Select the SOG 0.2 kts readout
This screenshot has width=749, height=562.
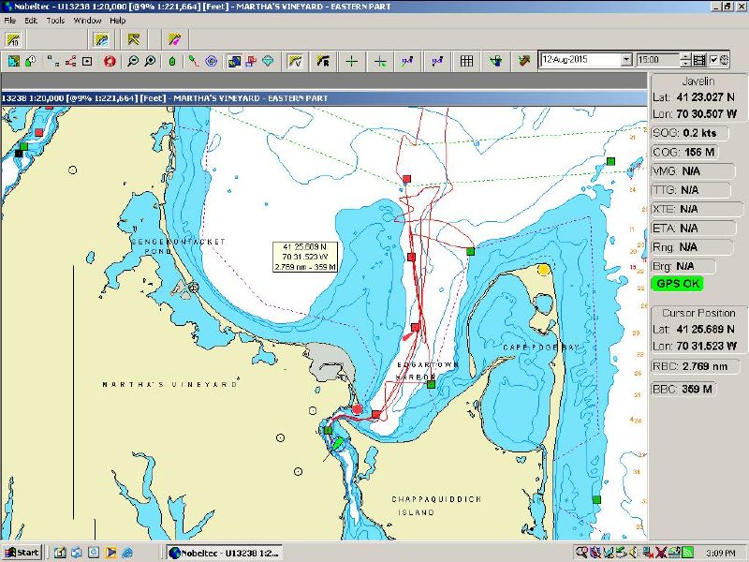[x=686, y=133]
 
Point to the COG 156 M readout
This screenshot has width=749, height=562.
[x=684, y=153]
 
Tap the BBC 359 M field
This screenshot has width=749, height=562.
[x=684, y=389]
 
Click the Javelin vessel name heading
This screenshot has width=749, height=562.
[x=697, y=81]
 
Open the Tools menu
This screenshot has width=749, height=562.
[x=55, y=20]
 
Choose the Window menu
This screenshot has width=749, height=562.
[x=87, y=20]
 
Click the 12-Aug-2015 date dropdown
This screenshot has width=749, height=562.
[x=586, y=60]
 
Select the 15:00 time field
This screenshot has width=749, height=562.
[x=658, y=60]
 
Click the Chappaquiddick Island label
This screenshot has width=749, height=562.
[x=436, y=506]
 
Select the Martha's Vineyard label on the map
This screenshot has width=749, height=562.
[x=169, y=384]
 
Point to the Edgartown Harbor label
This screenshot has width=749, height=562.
[x=417, y=371]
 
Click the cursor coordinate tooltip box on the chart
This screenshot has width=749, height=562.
[x=303, y=256]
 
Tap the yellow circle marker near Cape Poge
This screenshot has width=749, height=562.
[x=544, y=270]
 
